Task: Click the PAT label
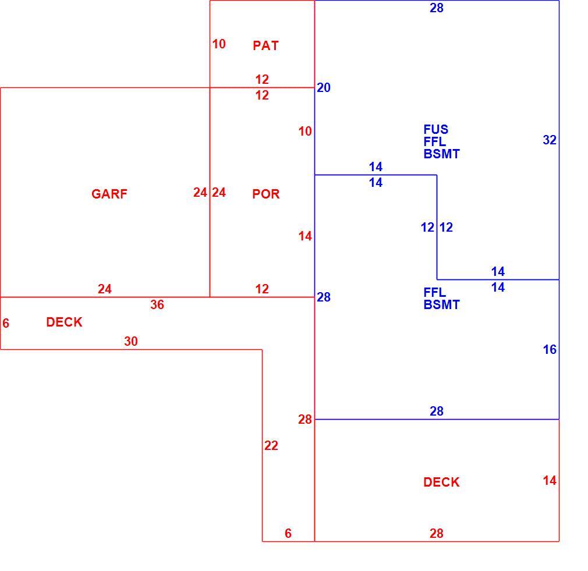(x=265, y=46)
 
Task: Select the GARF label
(x=109, y=194)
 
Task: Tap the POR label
(x=266, y=194)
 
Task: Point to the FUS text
(x=435, y=129)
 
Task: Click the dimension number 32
(x=550, y=140)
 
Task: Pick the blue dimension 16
(x=550, y=349)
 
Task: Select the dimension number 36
(x=157, y=304)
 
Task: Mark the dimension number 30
(x=131, y=341)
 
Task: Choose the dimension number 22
(x=271, y=445)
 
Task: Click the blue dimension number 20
(x=324, y=87)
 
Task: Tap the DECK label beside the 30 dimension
(x=64, y=322)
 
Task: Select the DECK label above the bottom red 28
(x=441, y=482)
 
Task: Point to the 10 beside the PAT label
(x=219, y=44)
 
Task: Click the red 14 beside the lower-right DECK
(x=550, y=480)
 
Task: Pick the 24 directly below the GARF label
(x=105, y=289)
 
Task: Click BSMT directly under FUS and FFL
(x=441, y=154)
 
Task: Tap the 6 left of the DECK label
(x=6, y=323)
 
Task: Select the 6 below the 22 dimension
(x=288, y=533)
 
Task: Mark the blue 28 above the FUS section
(x=437, y=8)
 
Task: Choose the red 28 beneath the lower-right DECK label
(x=437, y=533)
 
